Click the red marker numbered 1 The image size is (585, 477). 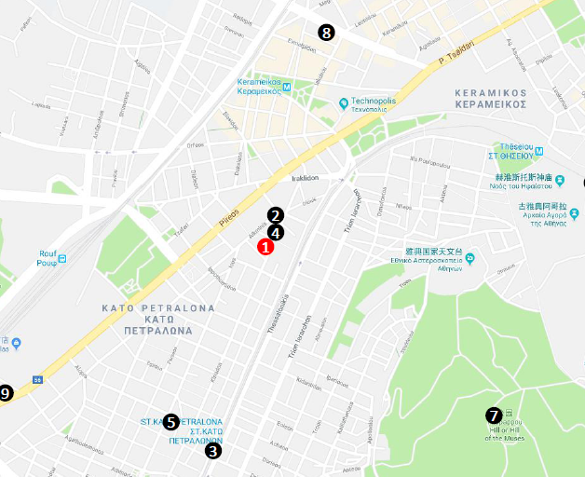pyautogui.click(x=265, y=248)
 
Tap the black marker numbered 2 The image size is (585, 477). pyautogui.click(x=275, y=215)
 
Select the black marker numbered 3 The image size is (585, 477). pyautogui.click(x=213, y=451)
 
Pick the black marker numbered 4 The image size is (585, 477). pyautogui.click(x=275, y=233)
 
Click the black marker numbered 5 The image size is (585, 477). pyautogui.click(x=170, y=422)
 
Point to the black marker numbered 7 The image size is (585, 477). pyautogui.click(x=494, y=415)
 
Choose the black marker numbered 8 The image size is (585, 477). pyautogui.click(x=325, y=33)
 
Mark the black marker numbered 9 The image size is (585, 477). pyautogui.click(x=6, y=393)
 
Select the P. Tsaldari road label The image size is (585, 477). pyautogui.click(x=456, y=53)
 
